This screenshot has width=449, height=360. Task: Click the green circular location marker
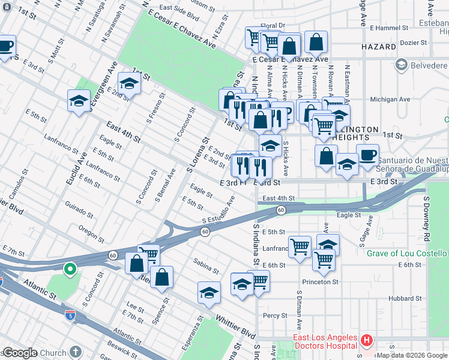(70, 270)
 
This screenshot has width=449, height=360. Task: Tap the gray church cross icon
(76, 352)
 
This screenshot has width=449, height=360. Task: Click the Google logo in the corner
(20, 353)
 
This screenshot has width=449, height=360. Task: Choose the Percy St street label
(276, 315)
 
